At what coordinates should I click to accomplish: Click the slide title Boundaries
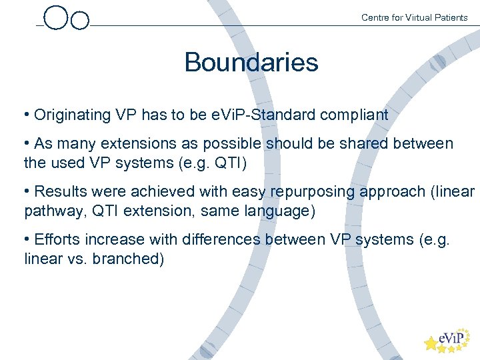(251, 63)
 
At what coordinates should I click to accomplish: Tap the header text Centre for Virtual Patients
(414, 17)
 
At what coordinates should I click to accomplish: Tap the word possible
(233, 144)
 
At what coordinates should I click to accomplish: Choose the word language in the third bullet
(279, 211)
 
